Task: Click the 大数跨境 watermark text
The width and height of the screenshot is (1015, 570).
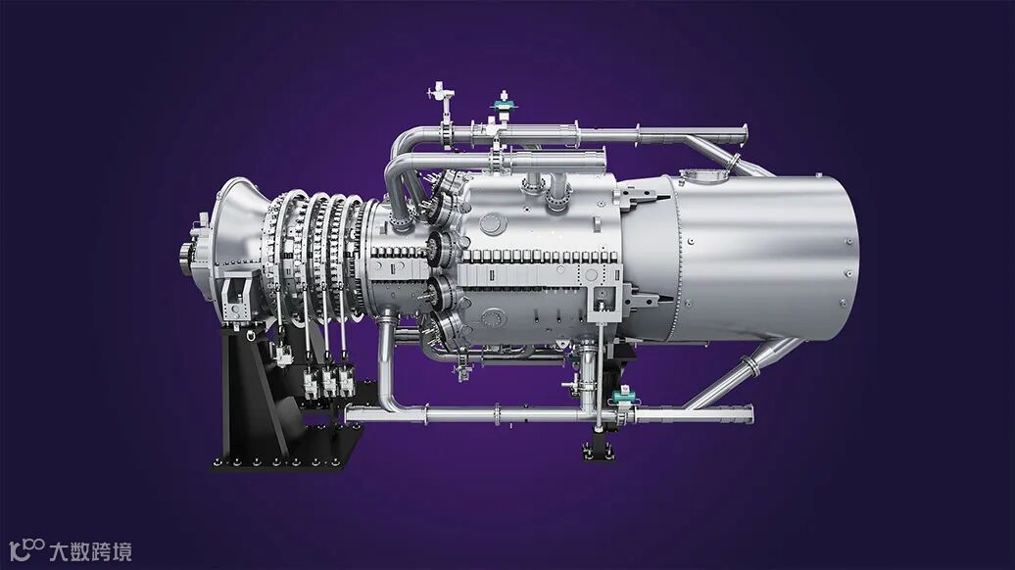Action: tap(90, 551)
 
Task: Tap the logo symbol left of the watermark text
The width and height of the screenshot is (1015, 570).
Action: tap(27, 549)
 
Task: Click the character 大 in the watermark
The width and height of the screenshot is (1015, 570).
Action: tap(59, 551)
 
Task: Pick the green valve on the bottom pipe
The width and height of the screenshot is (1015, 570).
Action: tap(623, 394)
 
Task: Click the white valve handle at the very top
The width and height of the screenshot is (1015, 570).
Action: tap(441, 91)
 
